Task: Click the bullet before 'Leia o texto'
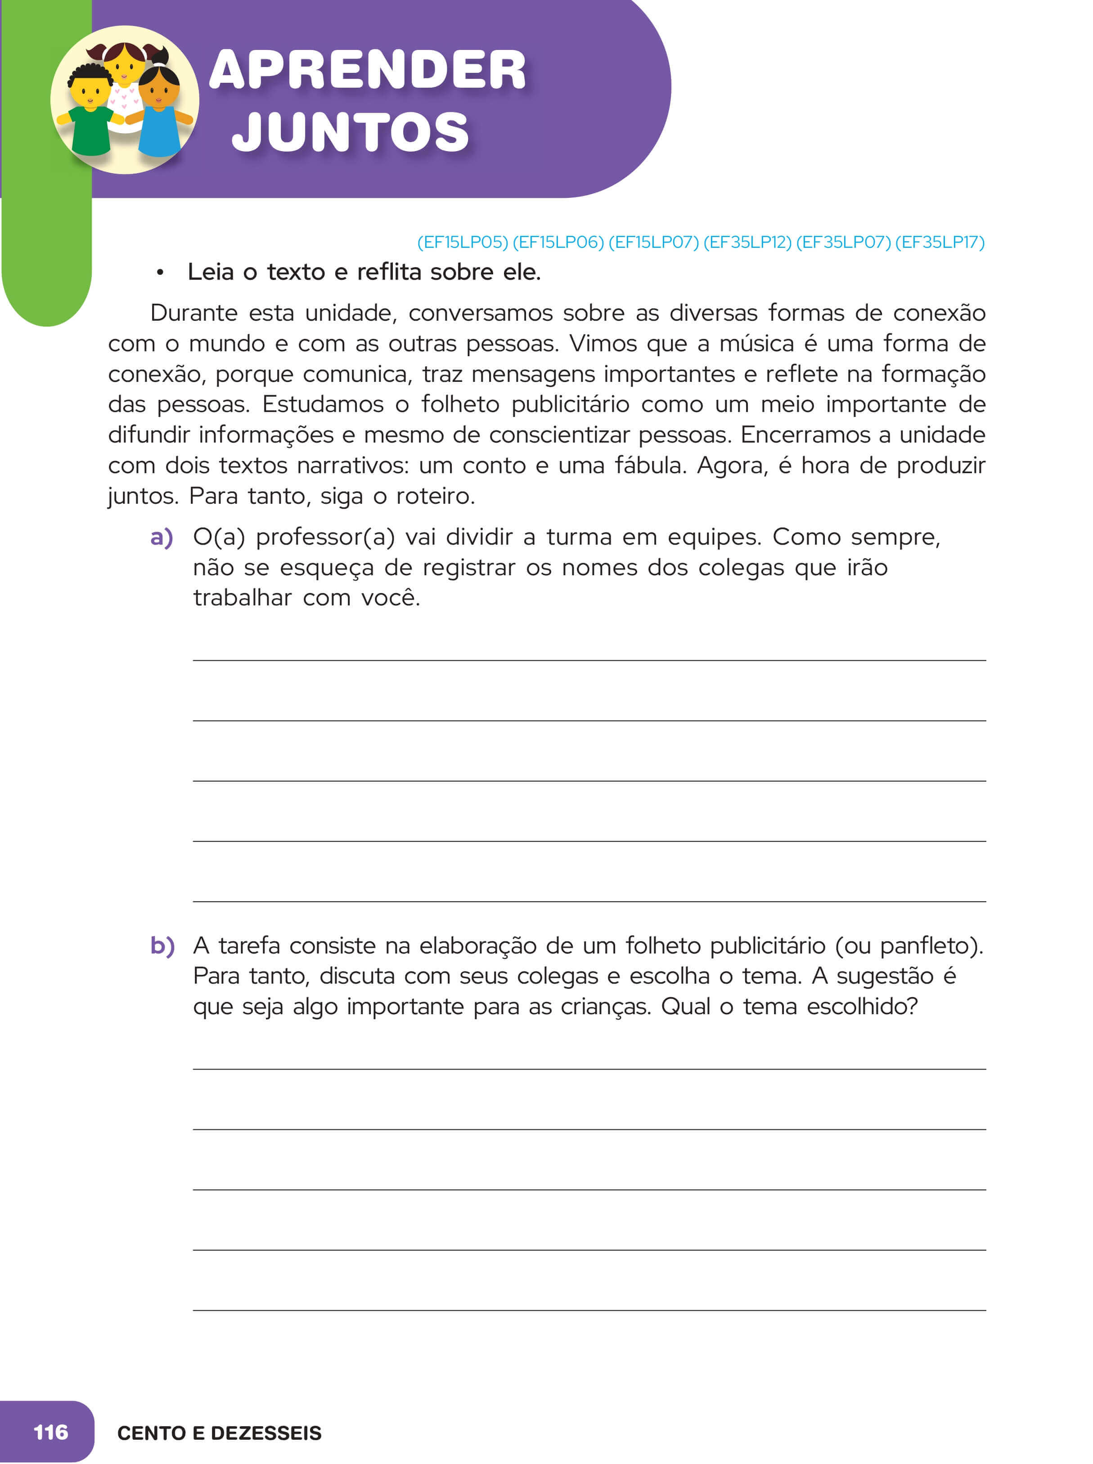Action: point(159,273)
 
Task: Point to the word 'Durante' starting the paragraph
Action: point(193,313)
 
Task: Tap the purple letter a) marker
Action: point(162,537)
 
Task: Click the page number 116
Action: point(51,1432)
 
